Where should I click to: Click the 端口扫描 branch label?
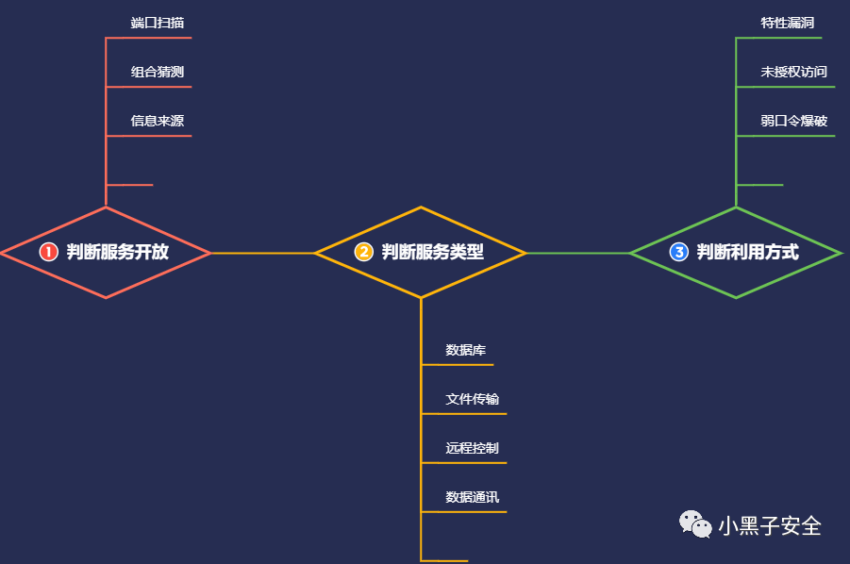[x=157, y=23]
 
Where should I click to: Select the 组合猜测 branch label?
[x=157, y=72]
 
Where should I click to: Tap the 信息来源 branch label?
[x=157, y=121]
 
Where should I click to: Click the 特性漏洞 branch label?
[x=787, y=23]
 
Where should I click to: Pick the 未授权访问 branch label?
[x=793, y=72]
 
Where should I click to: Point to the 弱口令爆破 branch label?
[x=793, y=121]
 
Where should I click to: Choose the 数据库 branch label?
[x=466, y=350]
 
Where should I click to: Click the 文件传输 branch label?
[x=472, y=399]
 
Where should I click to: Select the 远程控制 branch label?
[x=472, y=448]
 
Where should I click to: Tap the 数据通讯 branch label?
[x=472, y=497]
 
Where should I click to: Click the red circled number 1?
[x=49, y=253]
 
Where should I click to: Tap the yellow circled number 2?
[x=364, y=253]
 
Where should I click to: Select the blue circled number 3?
[x=679, y=253]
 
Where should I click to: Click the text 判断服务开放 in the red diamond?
[x=118, y=253]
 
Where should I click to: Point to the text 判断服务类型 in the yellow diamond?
[x=433, y=253]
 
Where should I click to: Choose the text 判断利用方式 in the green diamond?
[x=748, y=253]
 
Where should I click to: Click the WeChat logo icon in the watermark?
[x=696, y=524]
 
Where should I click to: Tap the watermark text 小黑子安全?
[x=770, y=525]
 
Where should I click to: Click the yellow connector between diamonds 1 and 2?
[x=262, y=253]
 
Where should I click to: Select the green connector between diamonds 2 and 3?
[x=577, y=253]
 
